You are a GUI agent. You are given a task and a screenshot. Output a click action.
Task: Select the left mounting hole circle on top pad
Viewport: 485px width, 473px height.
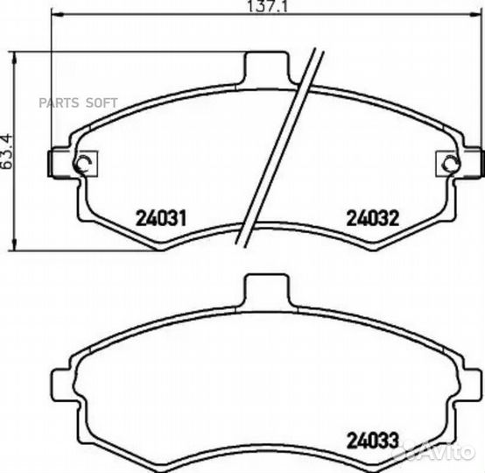(x=84, y=163)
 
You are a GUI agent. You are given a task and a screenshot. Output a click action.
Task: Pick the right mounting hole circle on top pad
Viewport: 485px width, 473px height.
(x=451, y=163)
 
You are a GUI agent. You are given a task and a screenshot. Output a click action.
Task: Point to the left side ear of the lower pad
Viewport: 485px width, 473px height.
(x=62, y=381)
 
